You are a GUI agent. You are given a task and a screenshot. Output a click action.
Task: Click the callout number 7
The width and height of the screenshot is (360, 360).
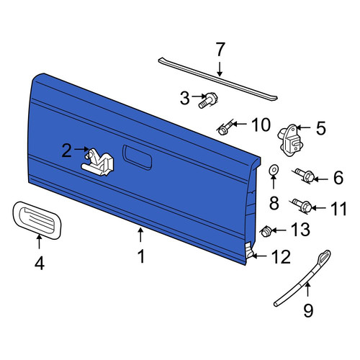point(220,50)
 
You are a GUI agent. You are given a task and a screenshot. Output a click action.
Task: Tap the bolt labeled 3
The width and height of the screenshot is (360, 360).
point(208,100)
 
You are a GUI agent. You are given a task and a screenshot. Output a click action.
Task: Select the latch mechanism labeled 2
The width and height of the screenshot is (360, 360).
point(98,162)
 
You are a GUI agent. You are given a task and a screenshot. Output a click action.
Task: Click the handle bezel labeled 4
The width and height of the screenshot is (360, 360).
point(37,220)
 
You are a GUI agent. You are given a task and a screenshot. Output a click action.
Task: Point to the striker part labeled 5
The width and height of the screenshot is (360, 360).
point(290,140)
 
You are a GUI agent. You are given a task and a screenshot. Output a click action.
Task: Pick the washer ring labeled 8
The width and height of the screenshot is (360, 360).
point(273,170)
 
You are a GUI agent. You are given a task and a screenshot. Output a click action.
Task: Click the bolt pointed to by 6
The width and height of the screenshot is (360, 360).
point(305,176)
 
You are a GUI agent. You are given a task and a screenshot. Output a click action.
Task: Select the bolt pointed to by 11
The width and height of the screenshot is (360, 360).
point(302,206)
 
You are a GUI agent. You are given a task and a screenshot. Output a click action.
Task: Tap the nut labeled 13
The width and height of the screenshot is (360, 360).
point(266,231)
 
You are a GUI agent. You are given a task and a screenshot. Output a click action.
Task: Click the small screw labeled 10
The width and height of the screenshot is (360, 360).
point(225,128)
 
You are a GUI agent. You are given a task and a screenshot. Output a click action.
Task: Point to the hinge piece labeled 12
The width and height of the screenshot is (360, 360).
point(248,250)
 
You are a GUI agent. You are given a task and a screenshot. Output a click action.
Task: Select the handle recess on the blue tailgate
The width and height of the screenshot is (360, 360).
point(137,158)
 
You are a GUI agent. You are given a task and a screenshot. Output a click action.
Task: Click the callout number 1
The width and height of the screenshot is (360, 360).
point(141,256)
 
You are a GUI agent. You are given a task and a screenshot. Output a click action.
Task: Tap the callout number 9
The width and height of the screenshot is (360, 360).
point(308,310)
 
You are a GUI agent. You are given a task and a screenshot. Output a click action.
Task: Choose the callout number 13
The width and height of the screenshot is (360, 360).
point(300,229)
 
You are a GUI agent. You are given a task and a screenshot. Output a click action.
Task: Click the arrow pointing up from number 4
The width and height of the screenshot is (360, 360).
point(39,242)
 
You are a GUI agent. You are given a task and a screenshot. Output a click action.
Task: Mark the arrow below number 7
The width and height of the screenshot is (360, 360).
point(220,69)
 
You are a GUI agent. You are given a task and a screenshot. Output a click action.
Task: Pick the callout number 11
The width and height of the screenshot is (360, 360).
point(339,208)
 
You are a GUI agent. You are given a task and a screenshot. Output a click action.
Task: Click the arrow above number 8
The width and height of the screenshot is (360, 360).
point(273,182)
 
